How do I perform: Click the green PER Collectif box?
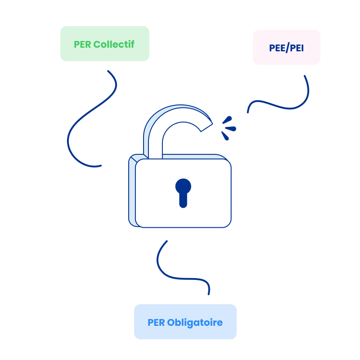[x=104, y=44]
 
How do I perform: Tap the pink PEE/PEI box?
[x=286, y=47]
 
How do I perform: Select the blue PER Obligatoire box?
[x=185, y=322]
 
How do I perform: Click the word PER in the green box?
[x=82, y=45]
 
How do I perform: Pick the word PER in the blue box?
[x=156, y=323]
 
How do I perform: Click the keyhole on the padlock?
[x=183, y=193]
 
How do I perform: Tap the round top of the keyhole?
[x=183, y=186]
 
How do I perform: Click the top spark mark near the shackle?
[x=227, y=120]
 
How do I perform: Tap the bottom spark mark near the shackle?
[x=225, y=135]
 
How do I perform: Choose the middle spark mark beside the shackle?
[x=231, y=129]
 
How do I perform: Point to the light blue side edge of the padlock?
[x=132, y=193]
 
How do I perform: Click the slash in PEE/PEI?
[x=287, y=48]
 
